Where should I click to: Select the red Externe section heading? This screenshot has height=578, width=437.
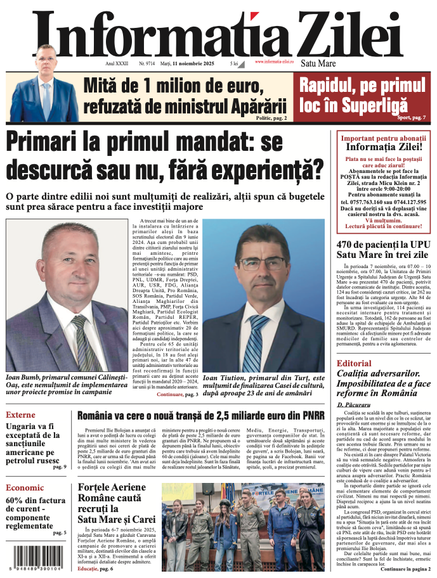click(x=20, y=415)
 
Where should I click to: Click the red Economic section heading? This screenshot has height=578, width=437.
click(x=25, y=487)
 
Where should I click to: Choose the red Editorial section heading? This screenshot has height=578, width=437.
click(x=354, y=363)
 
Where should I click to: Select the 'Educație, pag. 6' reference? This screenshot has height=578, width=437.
click(x=95, y=568)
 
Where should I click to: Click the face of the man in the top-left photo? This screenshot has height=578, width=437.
click(x=46, y=59)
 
